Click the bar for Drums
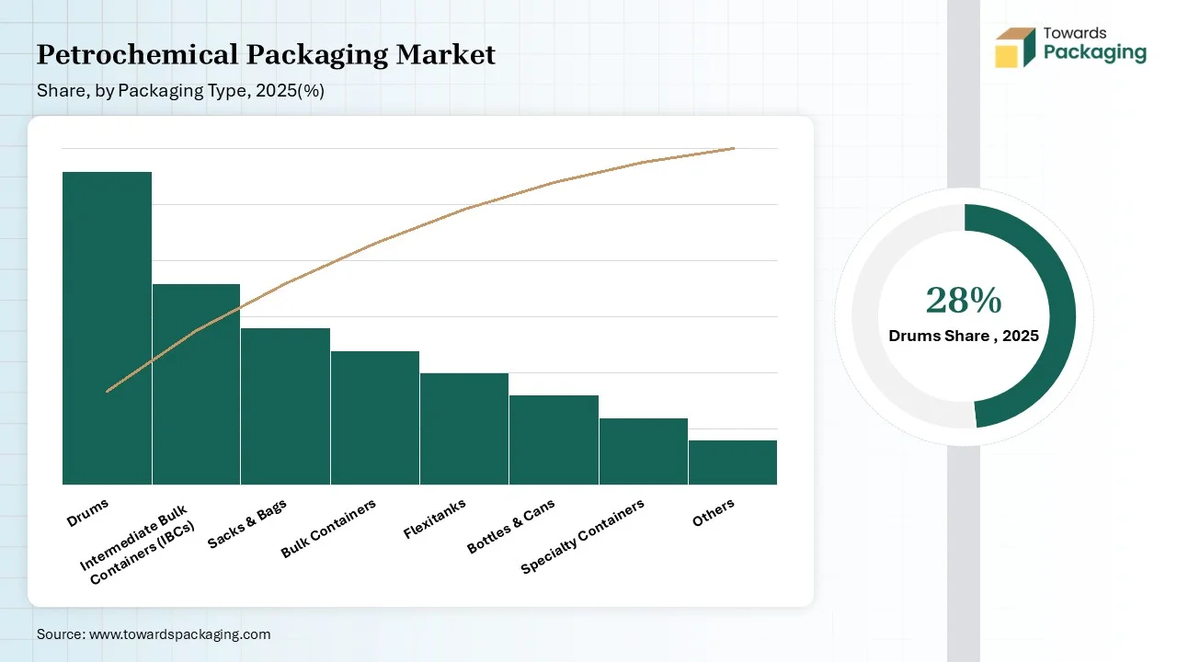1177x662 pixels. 107,328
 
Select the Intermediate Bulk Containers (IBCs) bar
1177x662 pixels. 196,384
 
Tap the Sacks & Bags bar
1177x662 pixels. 285,406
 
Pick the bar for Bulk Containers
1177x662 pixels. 375,417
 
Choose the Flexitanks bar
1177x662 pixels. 464,428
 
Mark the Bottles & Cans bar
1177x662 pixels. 554,439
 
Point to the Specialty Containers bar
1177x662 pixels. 644,451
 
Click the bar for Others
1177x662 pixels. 733,462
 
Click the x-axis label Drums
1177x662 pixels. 88,511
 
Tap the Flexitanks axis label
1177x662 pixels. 435,519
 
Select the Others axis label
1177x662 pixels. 714,513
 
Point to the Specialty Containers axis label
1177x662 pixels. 583,536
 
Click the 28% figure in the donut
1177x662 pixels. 964,301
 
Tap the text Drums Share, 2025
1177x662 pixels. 964,336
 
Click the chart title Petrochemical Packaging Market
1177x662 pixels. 266,55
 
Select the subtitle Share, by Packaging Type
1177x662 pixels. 180,91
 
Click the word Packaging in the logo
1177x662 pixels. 1095,52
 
